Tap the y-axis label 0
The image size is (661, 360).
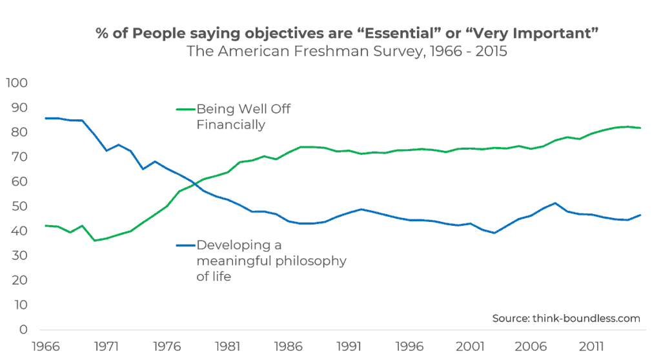click(22, 330)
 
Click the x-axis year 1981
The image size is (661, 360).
click(229, 347)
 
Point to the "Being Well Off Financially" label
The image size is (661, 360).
click(243, 117)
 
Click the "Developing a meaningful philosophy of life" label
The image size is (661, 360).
click(271, 261)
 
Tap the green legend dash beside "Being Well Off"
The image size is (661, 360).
click(185, 109)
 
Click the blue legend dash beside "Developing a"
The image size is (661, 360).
click(185, 245)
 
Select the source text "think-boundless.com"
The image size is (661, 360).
click(585, 318)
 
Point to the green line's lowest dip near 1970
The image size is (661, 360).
click(95, 241)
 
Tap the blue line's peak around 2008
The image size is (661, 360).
click(555, 203)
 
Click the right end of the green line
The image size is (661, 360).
click(640, 128)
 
